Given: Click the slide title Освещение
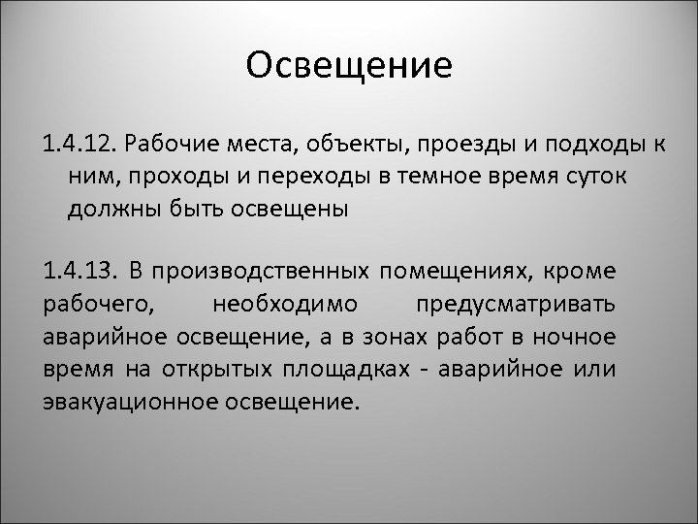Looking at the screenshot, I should click(x=349, y=66).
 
